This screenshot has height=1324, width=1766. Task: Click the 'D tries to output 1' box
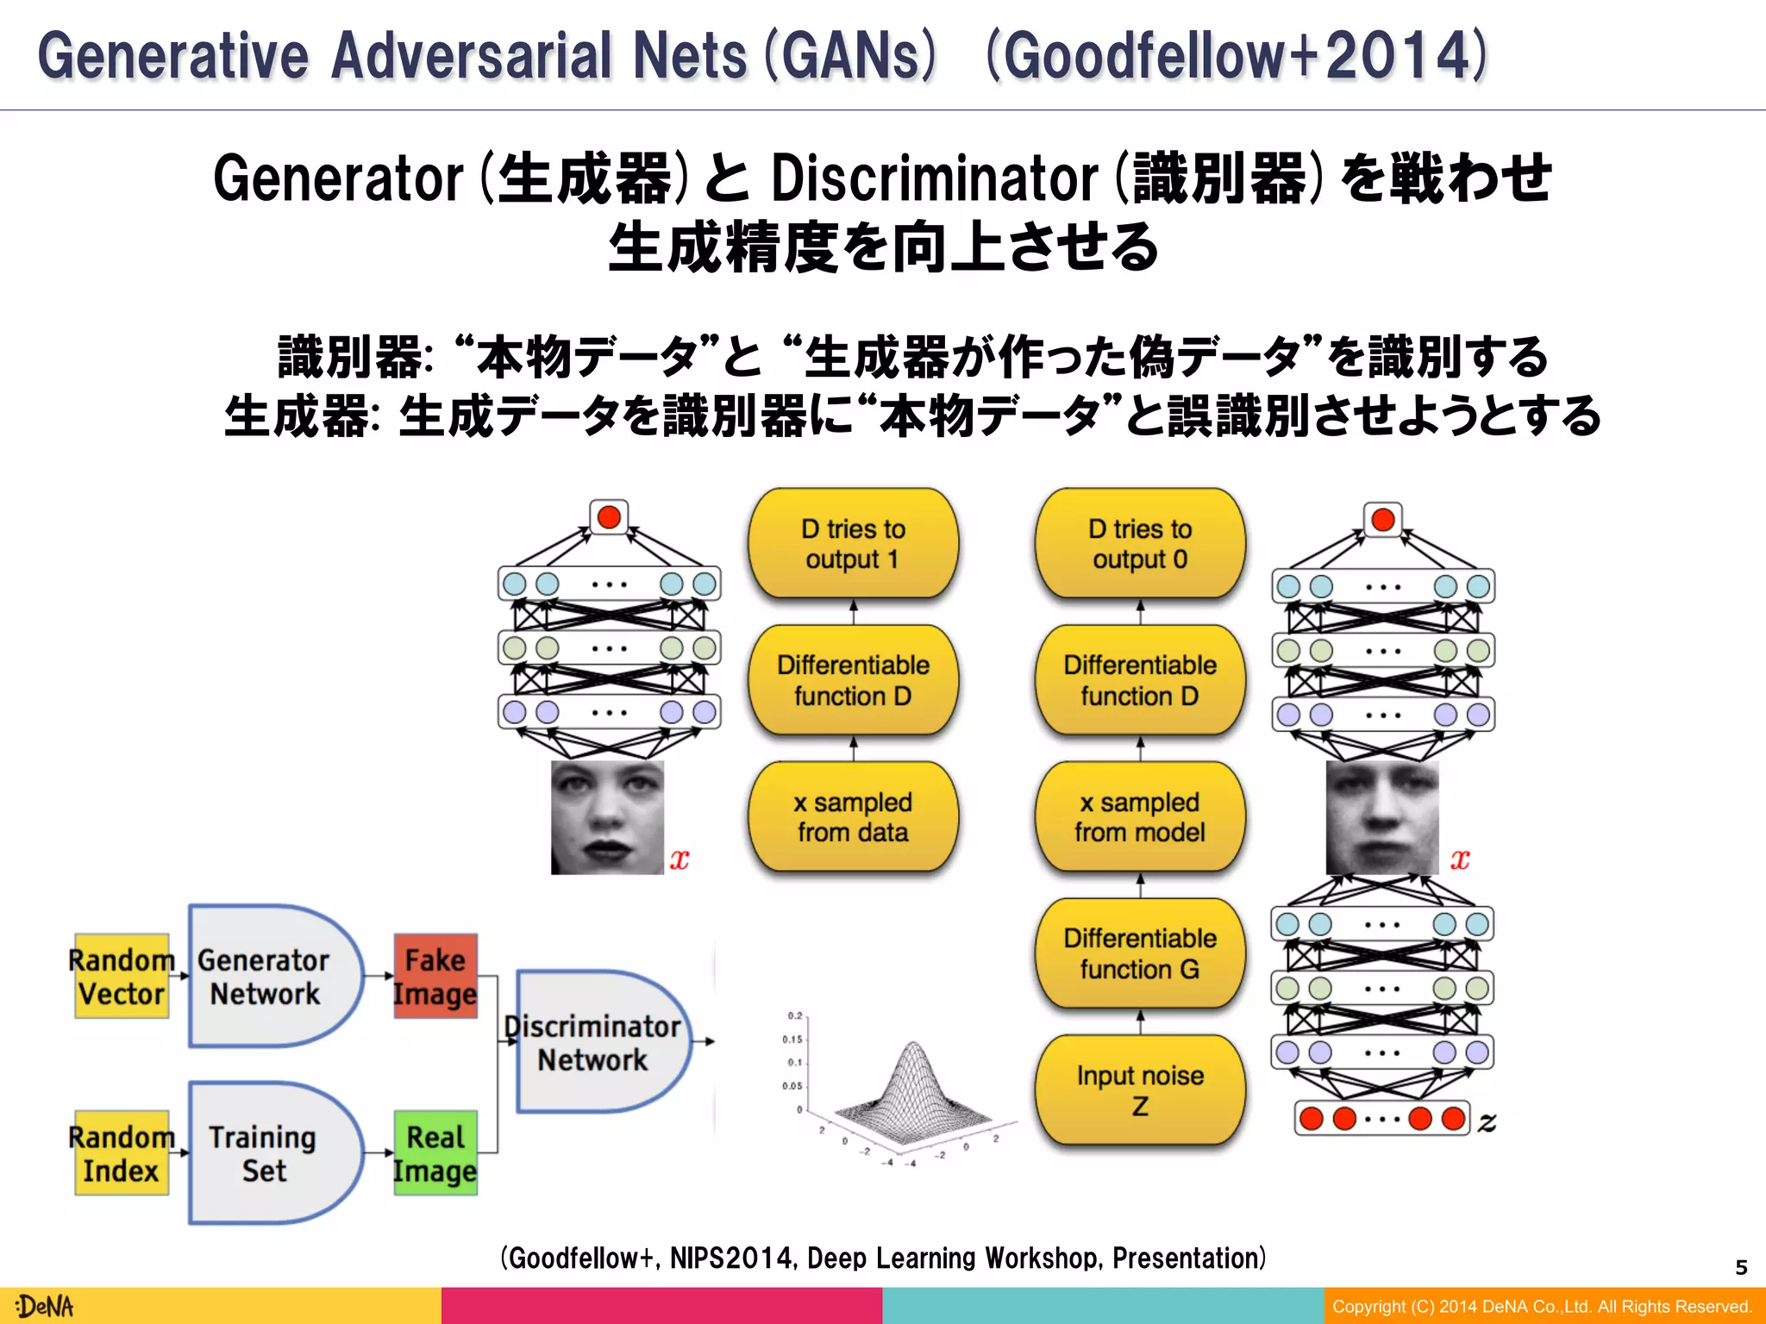[853, 543]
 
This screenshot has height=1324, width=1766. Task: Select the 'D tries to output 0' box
[1140, 543]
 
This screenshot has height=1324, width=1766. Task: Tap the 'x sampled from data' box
[853, 816]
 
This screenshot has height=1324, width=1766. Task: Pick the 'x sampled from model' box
[1140, 816]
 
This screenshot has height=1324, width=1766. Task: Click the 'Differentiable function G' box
[1140, 952]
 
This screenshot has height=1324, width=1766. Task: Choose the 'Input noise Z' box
[1140, 1090]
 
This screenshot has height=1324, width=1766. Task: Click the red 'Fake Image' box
[435, 977]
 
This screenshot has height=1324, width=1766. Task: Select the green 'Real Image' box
[435, 1153]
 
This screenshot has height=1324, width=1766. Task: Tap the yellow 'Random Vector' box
[122, 977]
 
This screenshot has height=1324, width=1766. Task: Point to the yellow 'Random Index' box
[122, 1153]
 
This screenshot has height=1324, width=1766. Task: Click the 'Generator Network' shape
[267, 977]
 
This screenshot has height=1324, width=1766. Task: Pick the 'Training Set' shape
[267, 1153]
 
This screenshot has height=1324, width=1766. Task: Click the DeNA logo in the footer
[45, 1307]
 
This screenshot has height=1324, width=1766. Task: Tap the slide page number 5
[1741, 1267]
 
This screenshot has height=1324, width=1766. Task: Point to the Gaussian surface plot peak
[913, 1046]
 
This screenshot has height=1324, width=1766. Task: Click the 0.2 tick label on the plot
[794, 1016]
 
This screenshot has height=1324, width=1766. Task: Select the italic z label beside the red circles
[1487, 1121]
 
